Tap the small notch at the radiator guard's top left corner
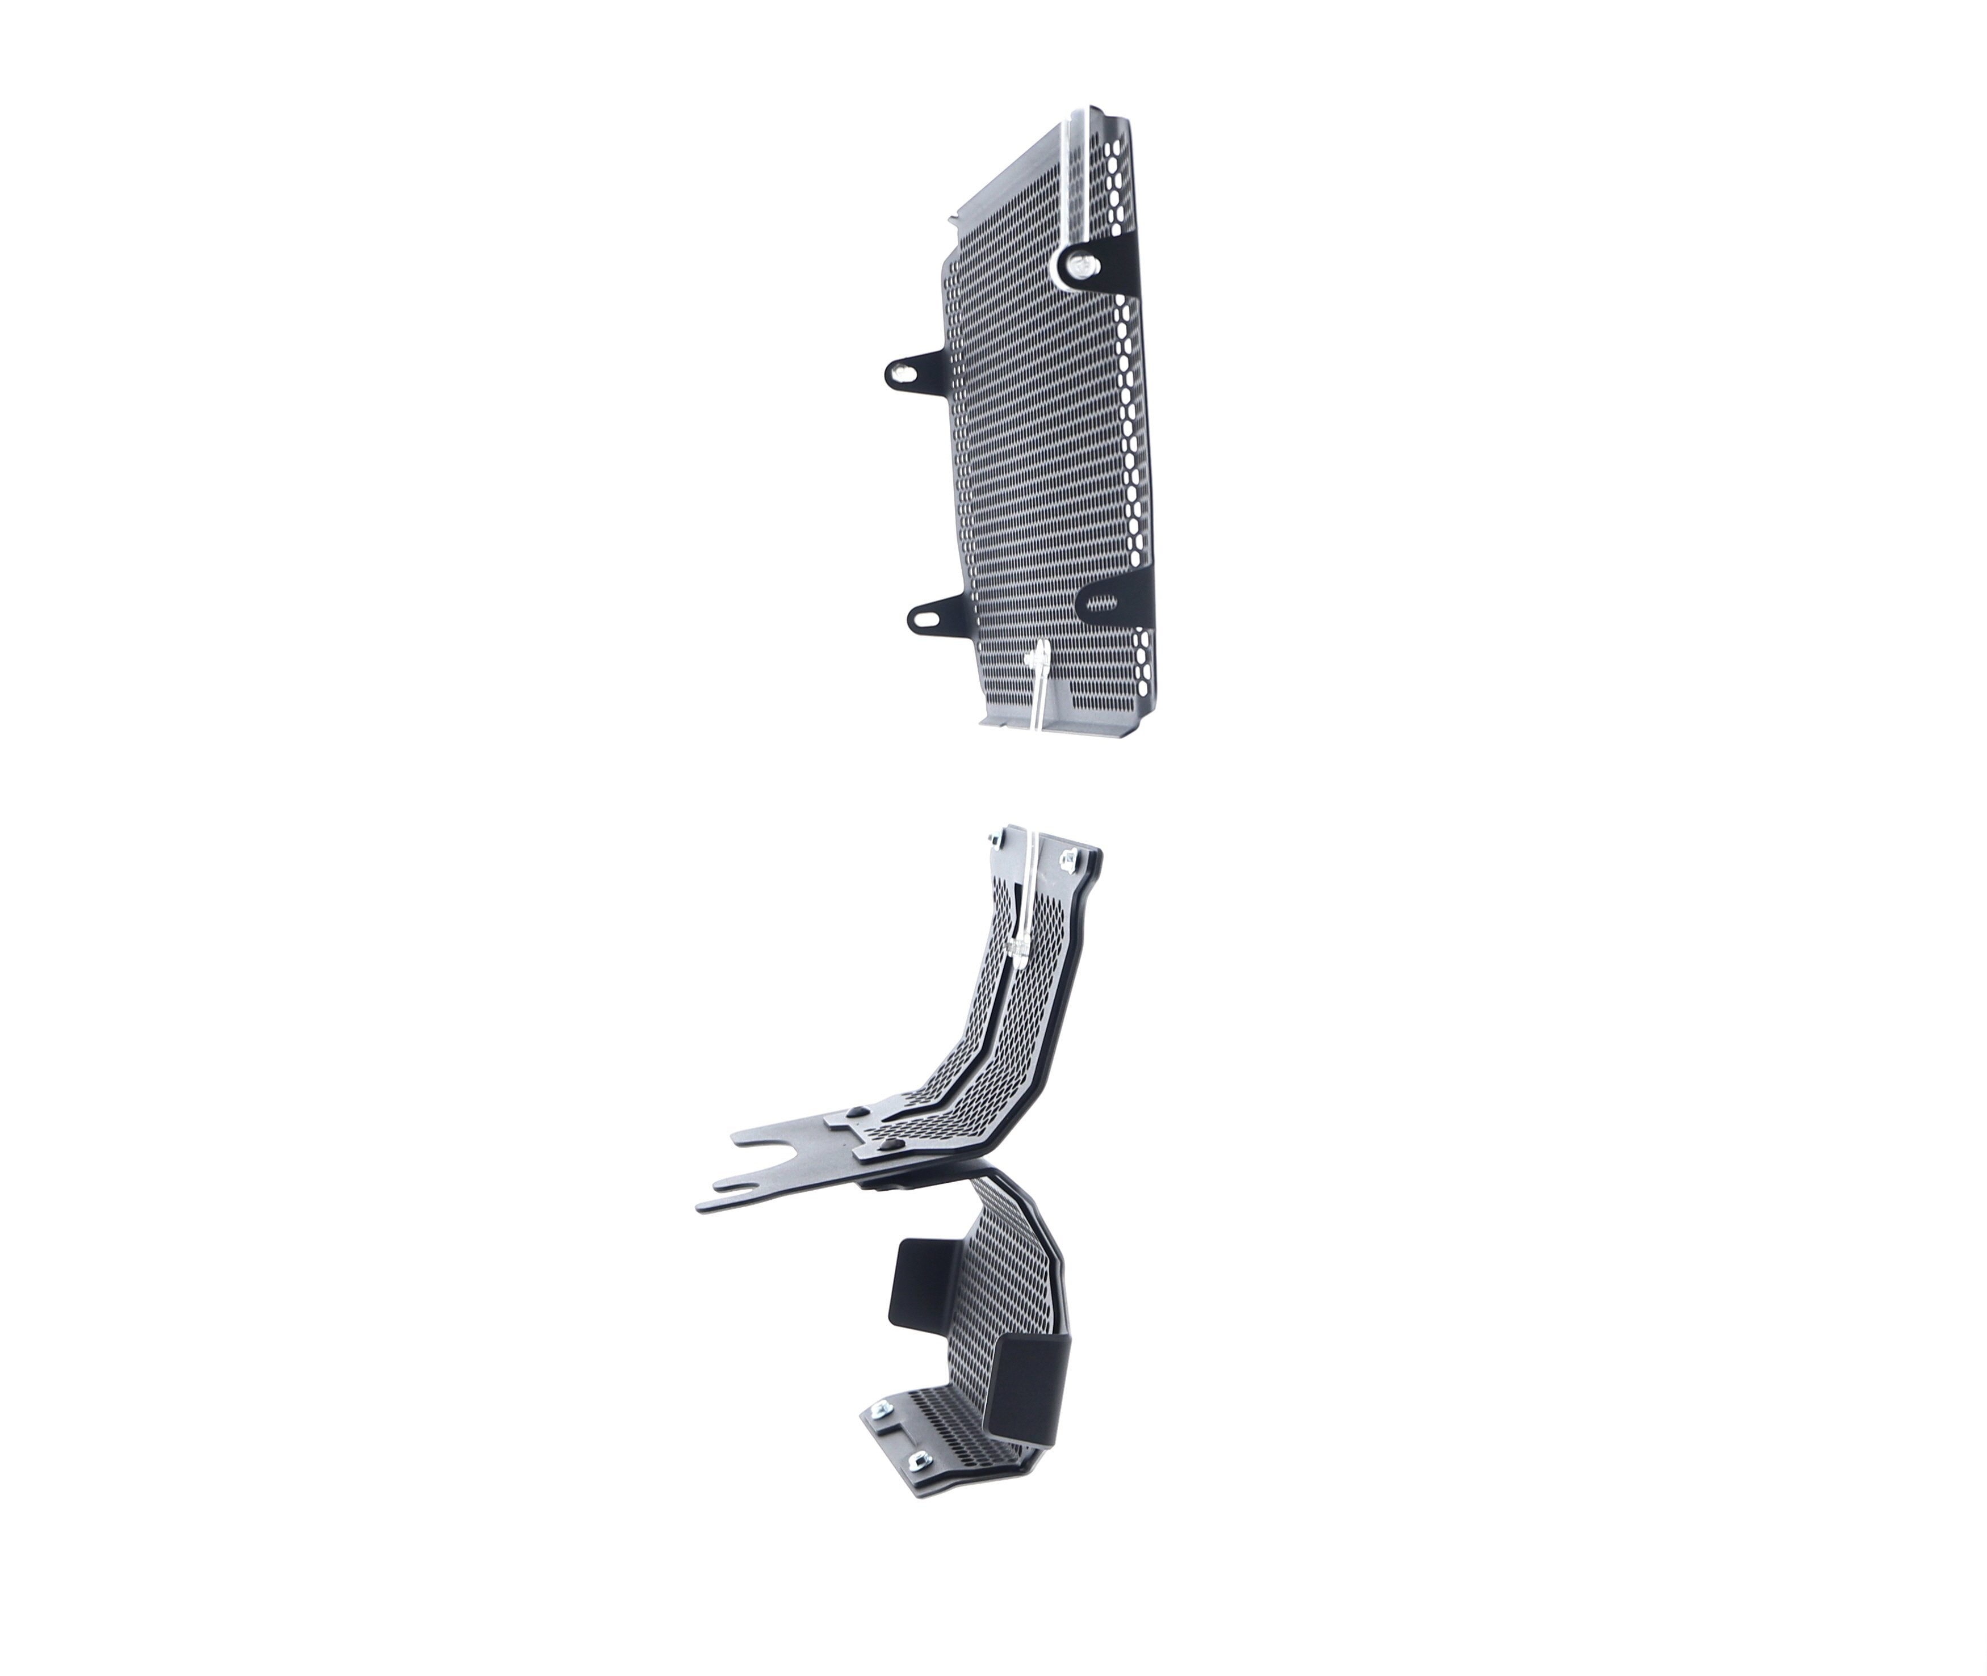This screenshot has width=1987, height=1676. coord(953,222)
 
